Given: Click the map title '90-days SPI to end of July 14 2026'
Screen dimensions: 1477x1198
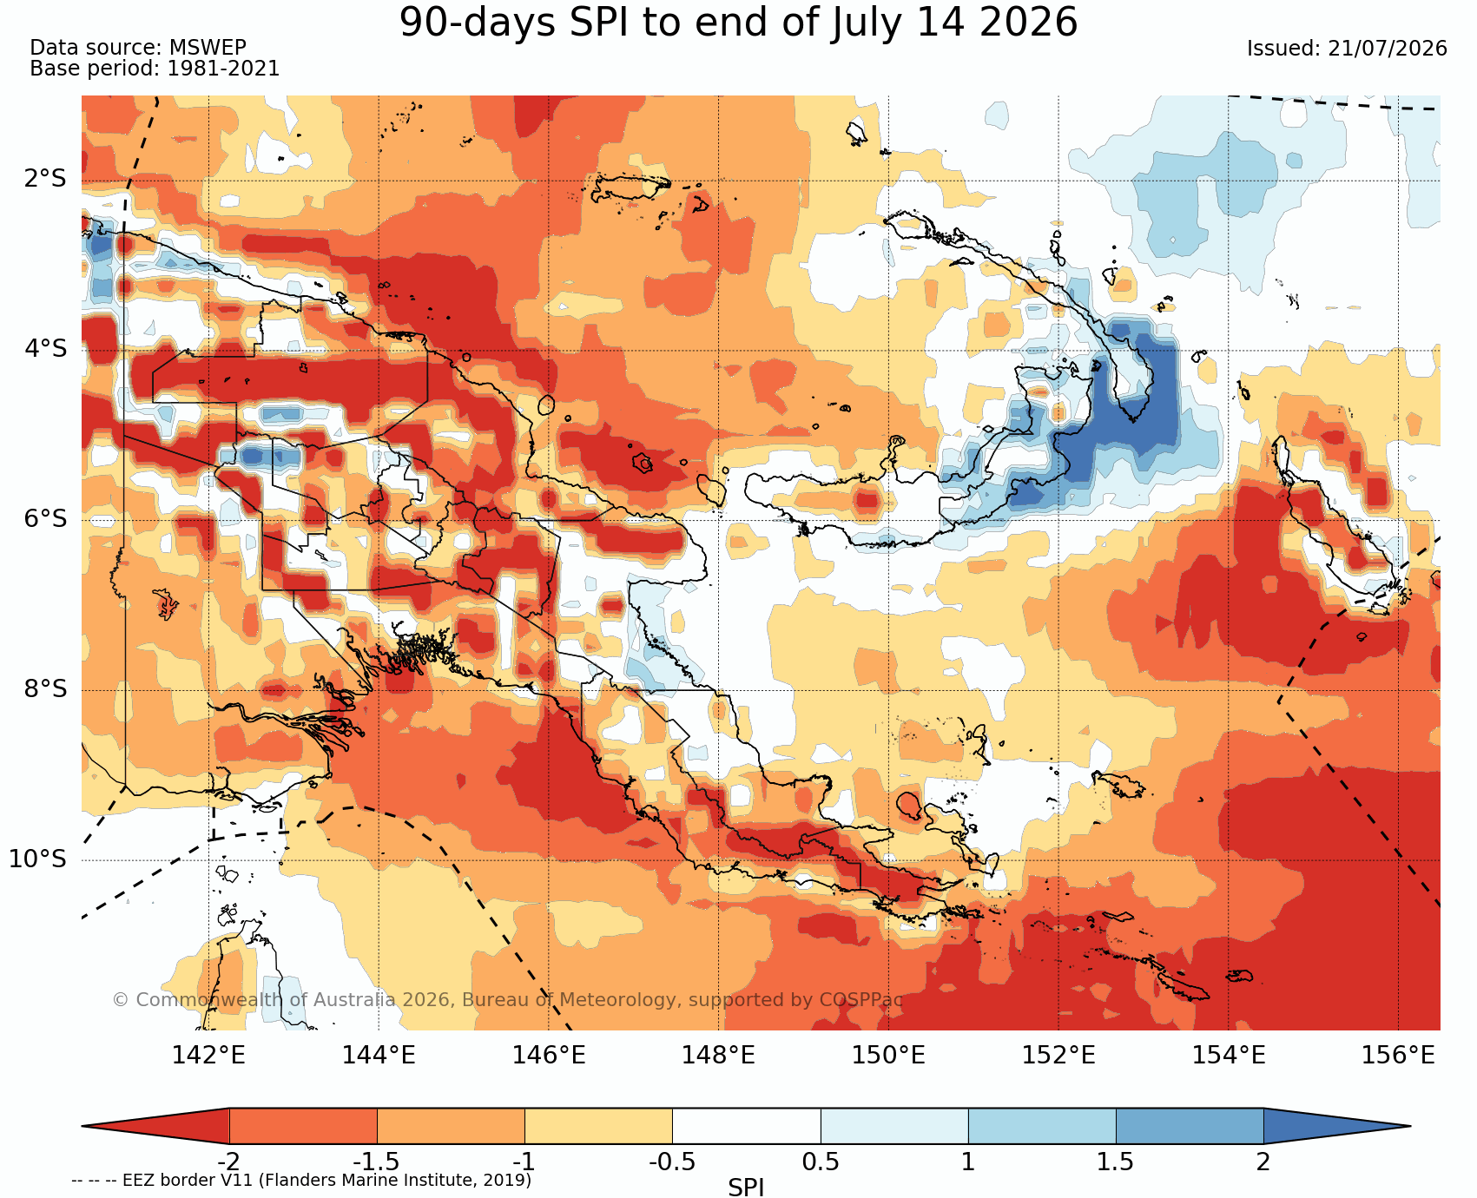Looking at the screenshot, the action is click(x=738, y=23).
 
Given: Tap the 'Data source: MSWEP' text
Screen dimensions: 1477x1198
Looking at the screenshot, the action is click(x=138, y=48).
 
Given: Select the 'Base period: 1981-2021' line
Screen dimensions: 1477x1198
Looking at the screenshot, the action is click(x=155, y=69).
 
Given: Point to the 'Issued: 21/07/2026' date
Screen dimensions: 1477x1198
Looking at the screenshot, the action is click(x=1347, y=49).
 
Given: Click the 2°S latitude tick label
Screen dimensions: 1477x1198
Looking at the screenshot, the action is click(x=45, y=179).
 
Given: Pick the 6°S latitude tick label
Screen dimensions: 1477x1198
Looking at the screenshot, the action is click(x=45, y=519).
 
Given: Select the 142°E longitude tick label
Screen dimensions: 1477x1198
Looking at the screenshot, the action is click(x=208, y=1056).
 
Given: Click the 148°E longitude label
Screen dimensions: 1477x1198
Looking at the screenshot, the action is click(x=718, y=1056).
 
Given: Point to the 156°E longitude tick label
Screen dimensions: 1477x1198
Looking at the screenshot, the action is click(x=1398, y=1056).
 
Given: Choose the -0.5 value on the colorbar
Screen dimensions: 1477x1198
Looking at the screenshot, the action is click(x=672, y=1162).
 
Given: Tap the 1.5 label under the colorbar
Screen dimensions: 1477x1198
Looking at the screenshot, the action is click(x=1116, y=1162).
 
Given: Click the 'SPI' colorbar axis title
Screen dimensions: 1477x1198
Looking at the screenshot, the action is click(x=746, y=1188).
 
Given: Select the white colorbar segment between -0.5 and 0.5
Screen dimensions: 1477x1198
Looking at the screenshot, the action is click(x=747, y=1126).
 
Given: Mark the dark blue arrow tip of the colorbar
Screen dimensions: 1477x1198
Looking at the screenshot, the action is click(x=1408, y=1126).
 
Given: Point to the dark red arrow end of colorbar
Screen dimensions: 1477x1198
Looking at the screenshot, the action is click(x=84, y=1126).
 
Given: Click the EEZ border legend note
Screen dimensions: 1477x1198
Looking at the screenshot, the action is click(x=301, y=1181).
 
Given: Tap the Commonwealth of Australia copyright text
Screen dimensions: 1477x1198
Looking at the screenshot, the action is click(x=508, y=1000).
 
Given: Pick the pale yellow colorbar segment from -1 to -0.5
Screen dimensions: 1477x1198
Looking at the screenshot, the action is click(x=598, y=1126).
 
